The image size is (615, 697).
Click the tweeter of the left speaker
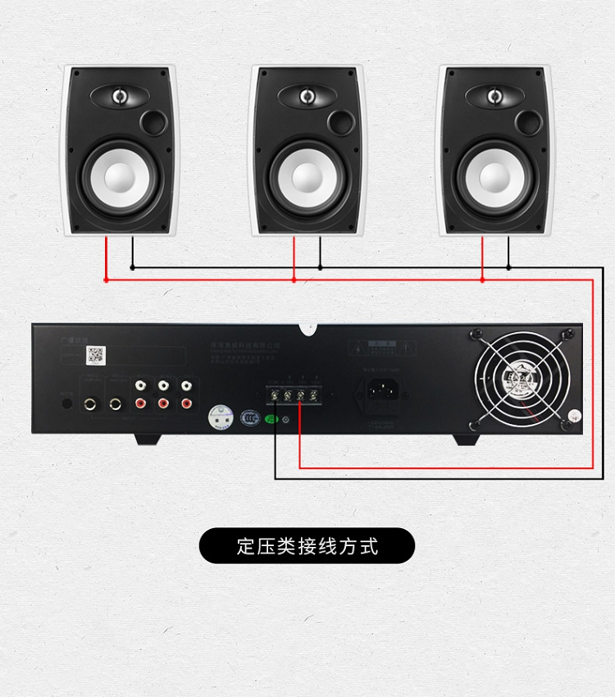tap(120, 97)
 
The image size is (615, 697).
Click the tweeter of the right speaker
tap(494, 97)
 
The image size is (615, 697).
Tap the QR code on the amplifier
tap(96, 354)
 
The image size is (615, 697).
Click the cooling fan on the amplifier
tap(522, 377)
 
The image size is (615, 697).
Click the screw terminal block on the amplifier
tap(294, 395)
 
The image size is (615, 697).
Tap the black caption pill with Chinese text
tap(307, 545)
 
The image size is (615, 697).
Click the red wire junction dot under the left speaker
tap(106, 280)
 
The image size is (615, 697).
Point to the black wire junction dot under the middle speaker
tap(320, 267)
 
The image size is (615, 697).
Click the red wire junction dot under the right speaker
tap(482, 280)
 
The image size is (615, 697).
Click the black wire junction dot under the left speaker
tap(132, 267)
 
